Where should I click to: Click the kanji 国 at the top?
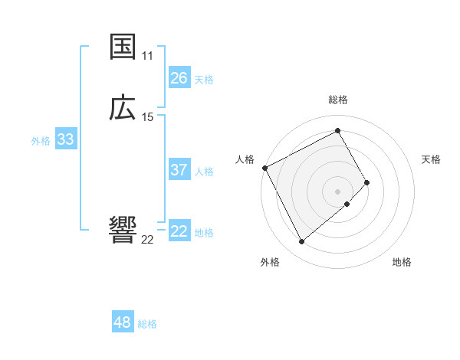click(x=123, y=47)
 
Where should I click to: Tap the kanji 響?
click(x=123, y=230)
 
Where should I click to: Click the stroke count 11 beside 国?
click(x=147, y=56)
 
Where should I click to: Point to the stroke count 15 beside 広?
click(x=147, y=117)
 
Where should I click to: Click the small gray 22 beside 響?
click(x=147, y=240)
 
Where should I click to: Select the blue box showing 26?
click(x=179, y=78)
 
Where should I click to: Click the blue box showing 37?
click(x=179, y=170)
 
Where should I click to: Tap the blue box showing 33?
click(x=65, y=139)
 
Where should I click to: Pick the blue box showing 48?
click(x=122, y=322)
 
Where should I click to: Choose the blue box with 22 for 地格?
click(x=179, y=231)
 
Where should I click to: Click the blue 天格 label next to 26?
click(x=204, y=80)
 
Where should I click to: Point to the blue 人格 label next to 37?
click(x=204, y=172)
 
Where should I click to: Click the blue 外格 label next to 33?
click(x=41, y=141)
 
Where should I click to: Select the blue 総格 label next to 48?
click(x=147, y=324)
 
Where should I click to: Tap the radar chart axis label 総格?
click(x=338, y=100)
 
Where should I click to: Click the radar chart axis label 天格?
click(x=432, y=159)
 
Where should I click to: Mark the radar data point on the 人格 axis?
click(x=264, y=168)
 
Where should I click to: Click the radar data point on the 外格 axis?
click(x=301, y=242)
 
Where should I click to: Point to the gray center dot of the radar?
click(x=338, y=191)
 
